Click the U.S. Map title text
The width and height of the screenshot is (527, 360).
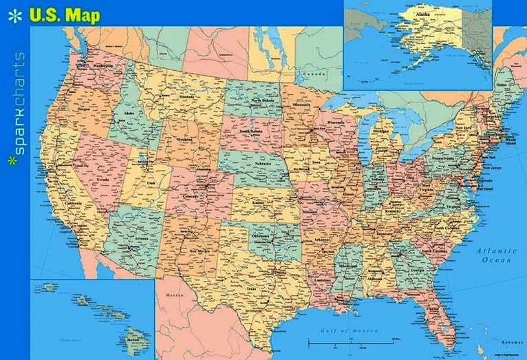65,15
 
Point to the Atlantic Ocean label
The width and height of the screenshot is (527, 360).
496,256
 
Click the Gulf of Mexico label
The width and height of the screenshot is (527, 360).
336,331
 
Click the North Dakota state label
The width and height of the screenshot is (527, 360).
261,100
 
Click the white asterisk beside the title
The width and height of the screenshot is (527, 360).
14,15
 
